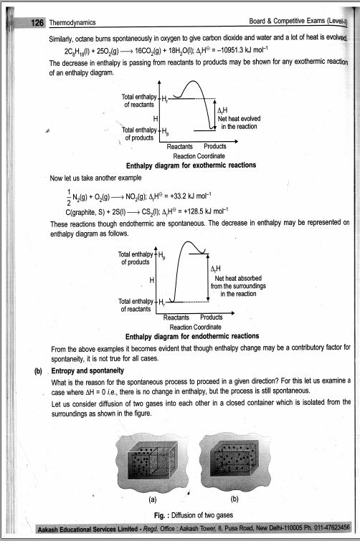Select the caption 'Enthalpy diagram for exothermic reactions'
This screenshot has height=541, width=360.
click(191, 165)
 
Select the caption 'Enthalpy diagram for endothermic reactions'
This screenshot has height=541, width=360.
click(191, 335)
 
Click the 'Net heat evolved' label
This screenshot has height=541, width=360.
click(239, 119)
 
